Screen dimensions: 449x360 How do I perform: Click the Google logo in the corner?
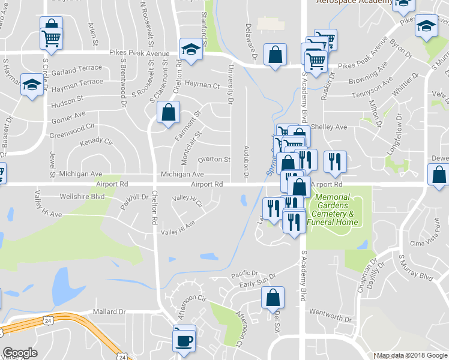[20, 353]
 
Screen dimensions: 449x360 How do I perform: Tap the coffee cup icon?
[184, 341]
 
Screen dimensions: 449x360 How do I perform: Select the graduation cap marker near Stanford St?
[191, 49]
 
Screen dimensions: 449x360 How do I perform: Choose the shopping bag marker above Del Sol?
[273, 297]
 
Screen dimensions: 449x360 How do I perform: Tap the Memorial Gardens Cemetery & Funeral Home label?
[333, 209]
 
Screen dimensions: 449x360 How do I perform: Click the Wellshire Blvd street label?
[82, 196]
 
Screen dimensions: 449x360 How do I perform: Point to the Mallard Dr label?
[109, 312]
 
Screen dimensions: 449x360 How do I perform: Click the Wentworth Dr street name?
[330, 316]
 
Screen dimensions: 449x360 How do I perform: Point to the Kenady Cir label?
[96, 142]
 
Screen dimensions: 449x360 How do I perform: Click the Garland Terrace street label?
[77, 71]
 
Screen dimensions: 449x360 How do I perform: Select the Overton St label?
[214, 160]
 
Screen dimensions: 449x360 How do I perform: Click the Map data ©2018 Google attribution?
[412, 356]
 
